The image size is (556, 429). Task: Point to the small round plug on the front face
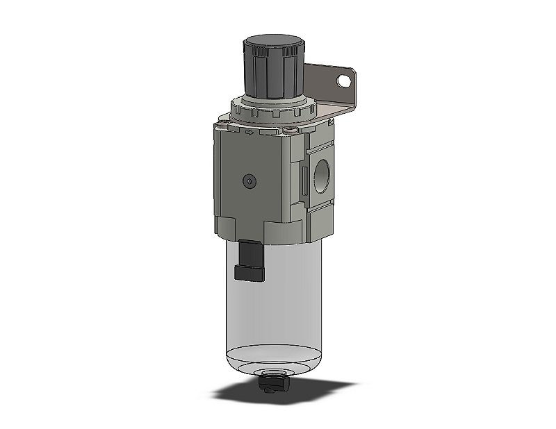250,180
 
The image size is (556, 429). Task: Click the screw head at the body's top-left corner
222,126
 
